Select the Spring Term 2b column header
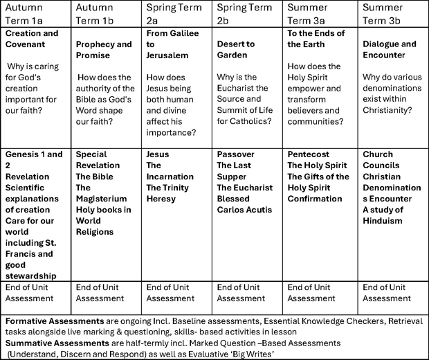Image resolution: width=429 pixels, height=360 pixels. coord(245,12)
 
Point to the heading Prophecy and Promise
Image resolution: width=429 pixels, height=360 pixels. coord(104,50)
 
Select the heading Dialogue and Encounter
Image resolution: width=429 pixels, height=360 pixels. coord(390,50)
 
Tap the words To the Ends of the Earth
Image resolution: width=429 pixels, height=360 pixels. coord(316,39)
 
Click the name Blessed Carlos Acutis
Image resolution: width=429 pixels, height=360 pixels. coord(244,204)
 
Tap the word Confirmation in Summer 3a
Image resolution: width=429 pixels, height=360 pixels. coord(315,199)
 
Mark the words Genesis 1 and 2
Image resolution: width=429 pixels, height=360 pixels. coord(33,160)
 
